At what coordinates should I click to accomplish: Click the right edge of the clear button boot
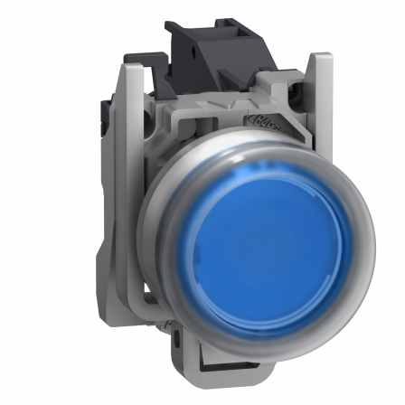tap(372, 244)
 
